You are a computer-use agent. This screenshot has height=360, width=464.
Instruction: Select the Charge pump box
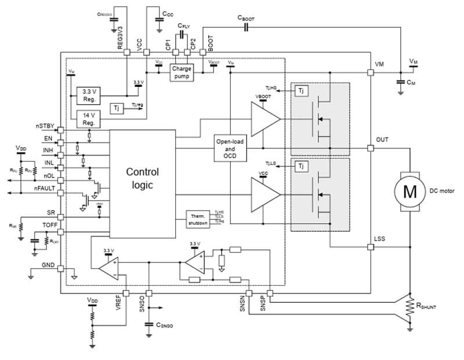(x=181, y=72)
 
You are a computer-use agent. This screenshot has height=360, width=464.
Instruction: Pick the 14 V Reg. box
(x=89, y=119)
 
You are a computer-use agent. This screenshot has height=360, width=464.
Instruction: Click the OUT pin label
(x=382, y=140)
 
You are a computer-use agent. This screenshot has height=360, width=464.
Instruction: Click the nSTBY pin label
(x=45, y=126)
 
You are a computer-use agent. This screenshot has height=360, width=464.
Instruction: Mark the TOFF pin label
(x=49, y=225)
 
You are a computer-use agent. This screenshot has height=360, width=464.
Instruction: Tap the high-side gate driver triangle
(x=264, y=119)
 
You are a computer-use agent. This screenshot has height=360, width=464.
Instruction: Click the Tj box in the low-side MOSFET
(x=300, y=166)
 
